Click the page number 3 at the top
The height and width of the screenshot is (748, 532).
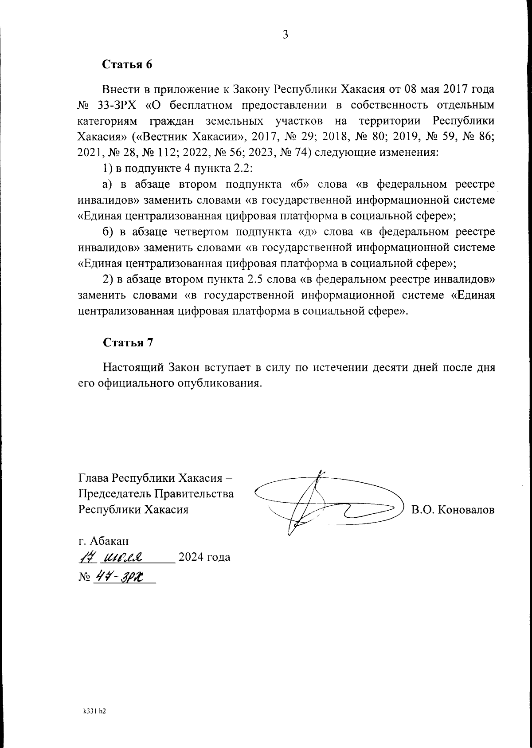tap(286, 35)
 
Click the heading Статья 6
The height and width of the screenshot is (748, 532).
tap(127, 64)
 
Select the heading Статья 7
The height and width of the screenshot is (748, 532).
tap(128, 342)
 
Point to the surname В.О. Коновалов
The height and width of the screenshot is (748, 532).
tap(452, 509)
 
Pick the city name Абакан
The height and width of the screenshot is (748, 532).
tap(110, 541)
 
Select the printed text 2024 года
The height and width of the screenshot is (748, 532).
tap(203, 557)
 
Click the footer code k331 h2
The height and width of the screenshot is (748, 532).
tap(95, 710)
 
